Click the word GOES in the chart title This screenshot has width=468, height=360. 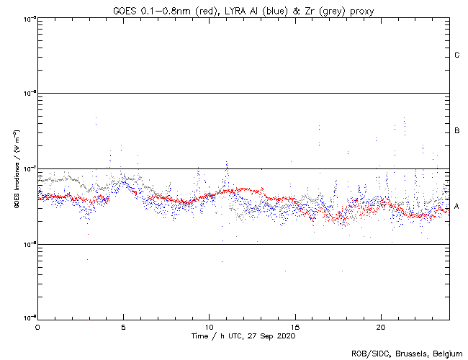tap(125, 11)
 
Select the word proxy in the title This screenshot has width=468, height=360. tap(356, 11)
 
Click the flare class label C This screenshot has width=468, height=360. tap(457, 55)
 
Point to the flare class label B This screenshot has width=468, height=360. tap(457, 131)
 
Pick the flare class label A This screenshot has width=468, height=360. tap(457, 207)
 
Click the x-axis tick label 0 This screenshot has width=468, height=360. tap(37, 327)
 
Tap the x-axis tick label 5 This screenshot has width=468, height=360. tap(123, 327)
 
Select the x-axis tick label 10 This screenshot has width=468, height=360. tap(209, 327)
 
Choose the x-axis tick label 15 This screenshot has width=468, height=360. tap(295, 327)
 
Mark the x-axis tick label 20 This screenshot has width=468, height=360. tap(381, 327)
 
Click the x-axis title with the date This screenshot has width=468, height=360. tap(243, 336)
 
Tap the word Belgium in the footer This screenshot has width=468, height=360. tap(446, 354)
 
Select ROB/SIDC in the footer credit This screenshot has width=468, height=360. tap(368, 354)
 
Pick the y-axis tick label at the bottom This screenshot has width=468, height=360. tap(30, 318)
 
